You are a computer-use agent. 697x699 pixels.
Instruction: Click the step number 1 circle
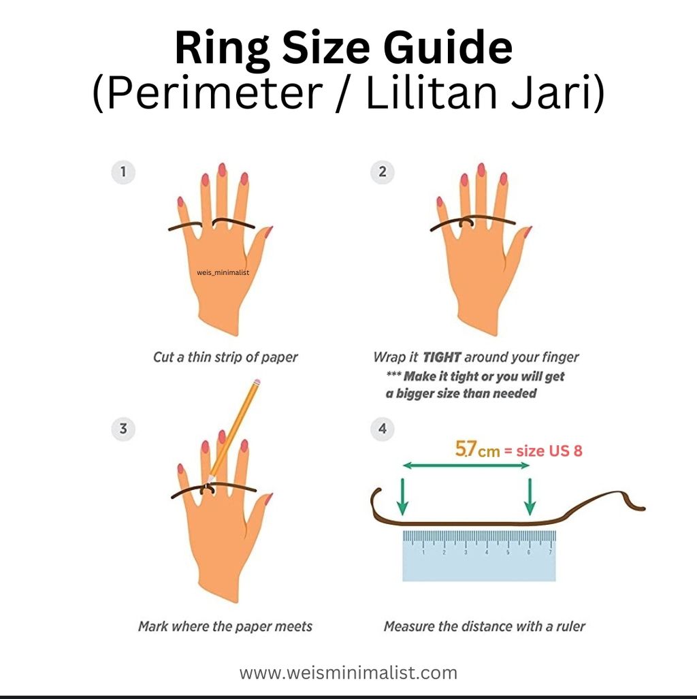123,172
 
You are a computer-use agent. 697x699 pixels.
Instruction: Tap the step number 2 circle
382,172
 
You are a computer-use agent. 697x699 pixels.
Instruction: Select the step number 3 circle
123,429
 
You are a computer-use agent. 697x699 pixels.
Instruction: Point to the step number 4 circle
382,429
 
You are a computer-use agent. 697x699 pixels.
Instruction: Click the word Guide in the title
447,48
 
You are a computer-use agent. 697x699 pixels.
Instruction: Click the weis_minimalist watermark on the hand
223,272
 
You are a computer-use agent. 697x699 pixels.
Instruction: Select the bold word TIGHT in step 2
442,357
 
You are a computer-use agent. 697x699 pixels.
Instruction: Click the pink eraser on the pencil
257,383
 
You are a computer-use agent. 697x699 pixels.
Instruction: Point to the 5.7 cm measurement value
477,449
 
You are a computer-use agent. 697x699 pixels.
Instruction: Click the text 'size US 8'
549,451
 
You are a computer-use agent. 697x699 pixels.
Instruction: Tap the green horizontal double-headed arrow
466,466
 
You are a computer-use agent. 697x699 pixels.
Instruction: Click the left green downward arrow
402,497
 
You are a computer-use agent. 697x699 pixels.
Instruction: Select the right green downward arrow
530,497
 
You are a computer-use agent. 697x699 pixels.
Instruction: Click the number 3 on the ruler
466,553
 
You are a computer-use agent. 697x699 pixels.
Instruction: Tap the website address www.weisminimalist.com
348,672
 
